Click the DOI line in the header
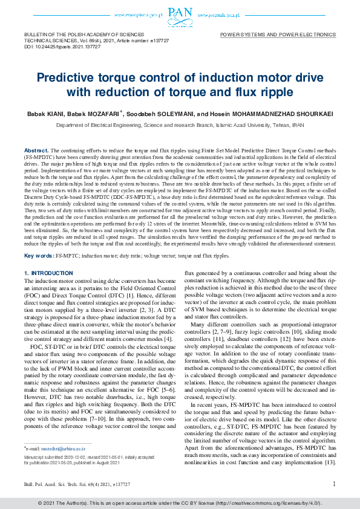(x=54, y=46)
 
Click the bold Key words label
(x=38, y=256)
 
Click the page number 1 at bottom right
(x=334, y=484)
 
